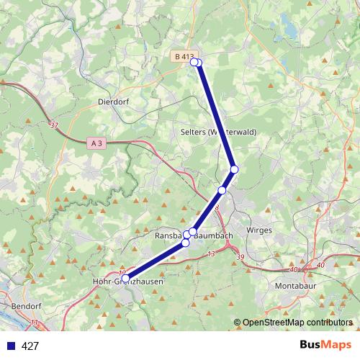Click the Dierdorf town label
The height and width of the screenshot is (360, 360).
[113, 102]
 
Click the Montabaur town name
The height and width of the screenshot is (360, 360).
[296, 286]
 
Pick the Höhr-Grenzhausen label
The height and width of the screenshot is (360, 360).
[129, 282]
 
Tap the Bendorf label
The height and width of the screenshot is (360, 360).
[27, 306]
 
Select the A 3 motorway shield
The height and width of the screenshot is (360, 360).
[98, 143]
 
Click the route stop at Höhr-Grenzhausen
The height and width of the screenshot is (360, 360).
[125, 278]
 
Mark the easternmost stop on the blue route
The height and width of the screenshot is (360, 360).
[234, 169]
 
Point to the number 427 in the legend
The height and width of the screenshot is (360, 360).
[30, 346]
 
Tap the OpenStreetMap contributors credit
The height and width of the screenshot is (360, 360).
[297, 323]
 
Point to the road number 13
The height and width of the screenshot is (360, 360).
[210, 254]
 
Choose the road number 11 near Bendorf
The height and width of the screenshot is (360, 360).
[35, 325]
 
